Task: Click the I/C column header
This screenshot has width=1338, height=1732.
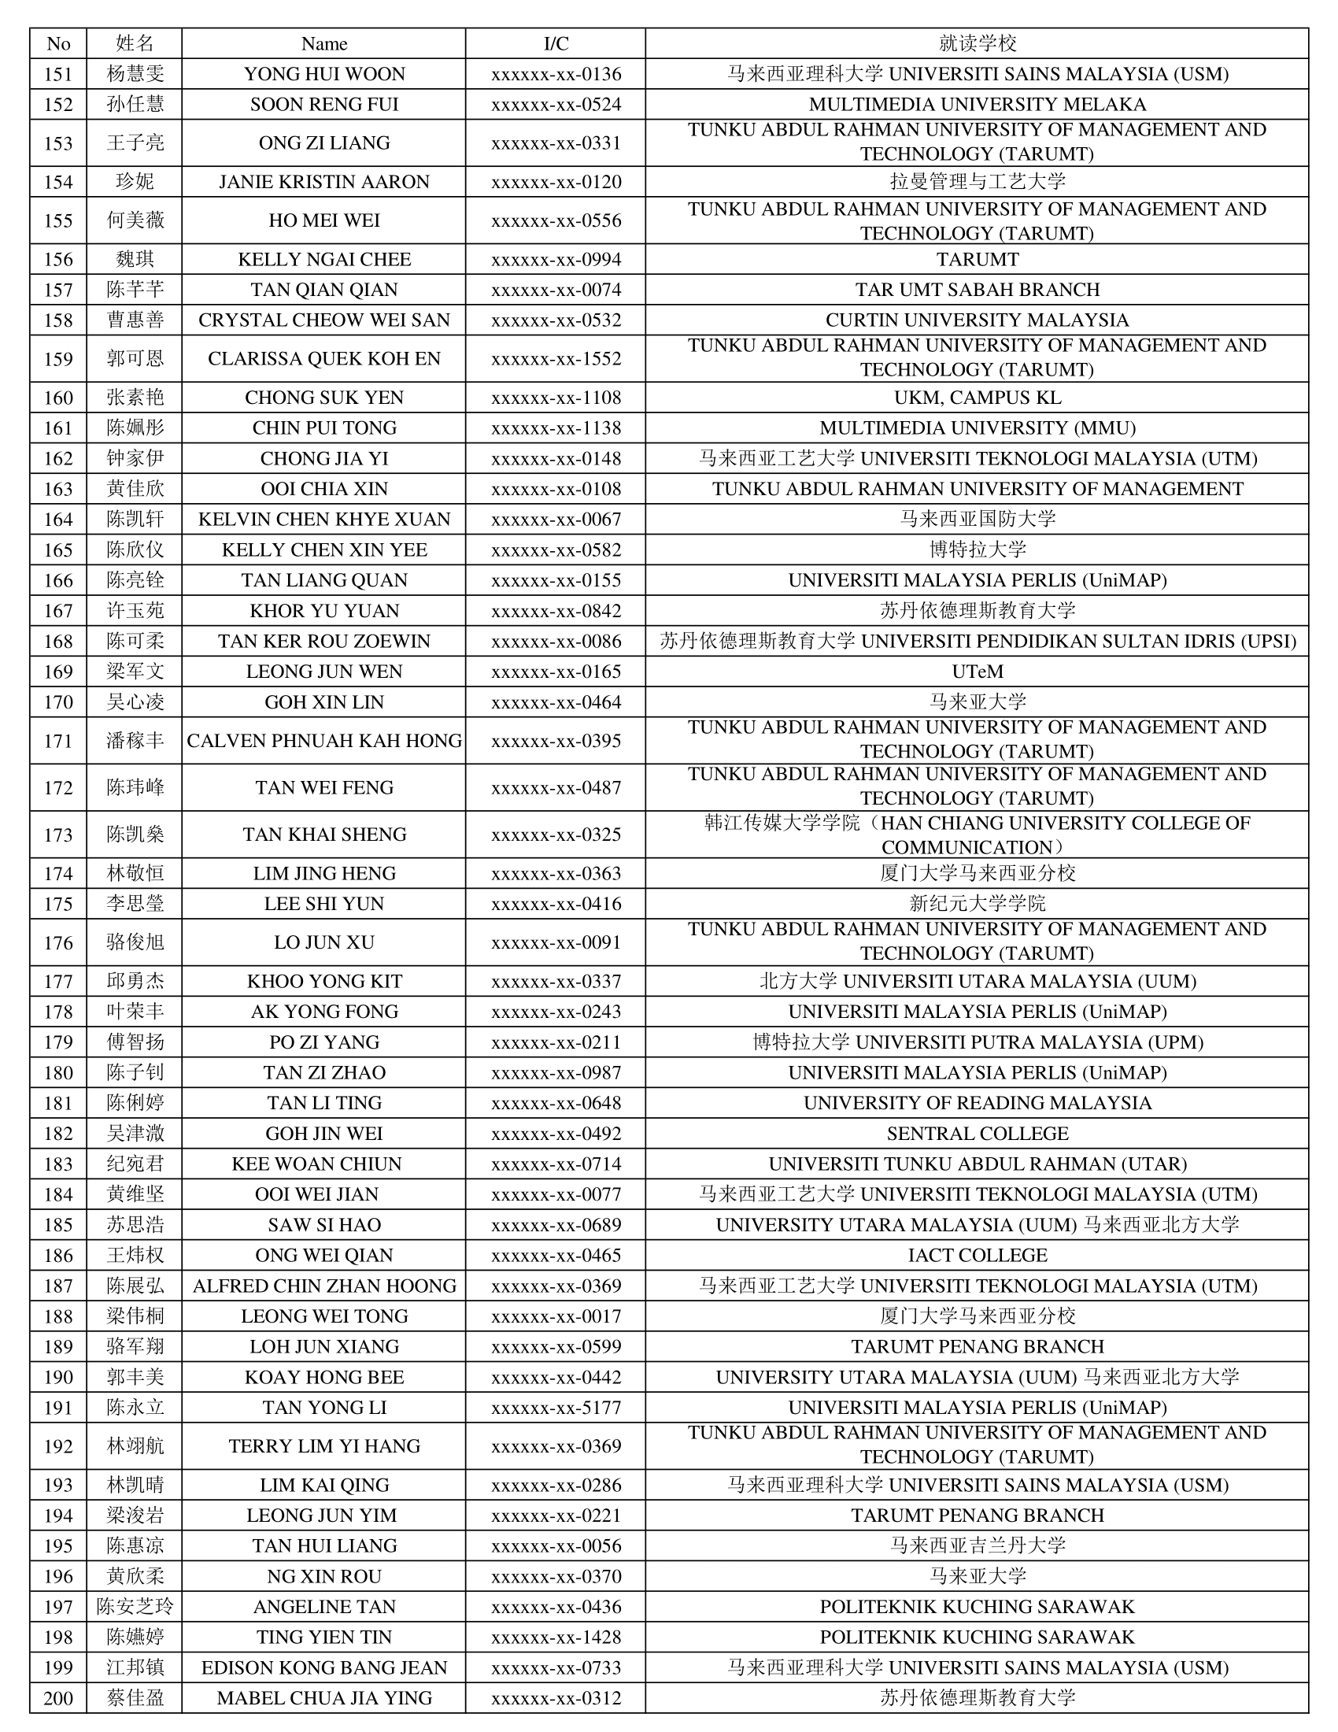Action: (x=556, y=43)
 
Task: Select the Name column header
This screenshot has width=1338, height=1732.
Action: (x=323, y=43)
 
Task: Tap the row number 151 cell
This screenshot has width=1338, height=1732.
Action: (x=58, y=74)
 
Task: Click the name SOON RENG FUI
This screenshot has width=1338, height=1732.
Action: (x=323, y=105)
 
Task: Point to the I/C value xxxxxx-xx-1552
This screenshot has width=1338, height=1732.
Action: (x=556, y=358)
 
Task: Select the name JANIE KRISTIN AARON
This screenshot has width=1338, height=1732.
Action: (x=323, y=182)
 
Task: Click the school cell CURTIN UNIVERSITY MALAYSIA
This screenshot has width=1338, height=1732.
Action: (x=977, y=320)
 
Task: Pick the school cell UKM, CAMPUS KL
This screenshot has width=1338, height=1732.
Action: (x=977, y=398)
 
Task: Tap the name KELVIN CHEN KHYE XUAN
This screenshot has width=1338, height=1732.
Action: (x=323, y=520)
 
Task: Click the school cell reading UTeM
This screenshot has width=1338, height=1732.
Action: (x=977, y=672)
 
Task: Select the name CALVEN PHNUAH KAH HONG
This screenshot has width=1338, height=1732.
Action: (x=323, y=741)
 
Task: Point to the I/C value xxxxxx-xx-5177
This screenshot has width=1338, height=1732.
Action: (x=556, y=1408)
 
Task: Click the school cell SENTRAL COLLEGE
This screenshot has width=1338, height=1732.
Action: (x=977, y=1133)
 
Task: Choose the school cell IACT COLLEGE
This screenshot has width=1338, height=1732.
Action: (x=977, y=1256)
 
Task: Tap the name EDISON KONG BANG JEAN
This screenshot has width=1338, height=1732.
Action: (x=323, y=1667)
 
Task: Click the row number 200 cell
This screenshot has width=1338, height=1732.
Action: (x=58, y=1698)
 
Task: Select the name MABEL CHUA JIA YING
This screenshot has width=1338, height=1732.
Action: (x=323, y=1698)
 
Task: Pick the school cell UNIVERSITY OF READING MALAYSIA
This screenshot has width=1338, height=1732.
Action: (x=977, y=1103)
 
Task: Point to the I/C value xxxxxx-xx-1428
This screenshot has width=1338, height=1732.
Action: (x=556, y=1637)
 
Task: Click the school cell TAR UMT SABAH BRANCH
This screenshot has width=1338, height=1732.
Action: (x=977, y=290)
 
